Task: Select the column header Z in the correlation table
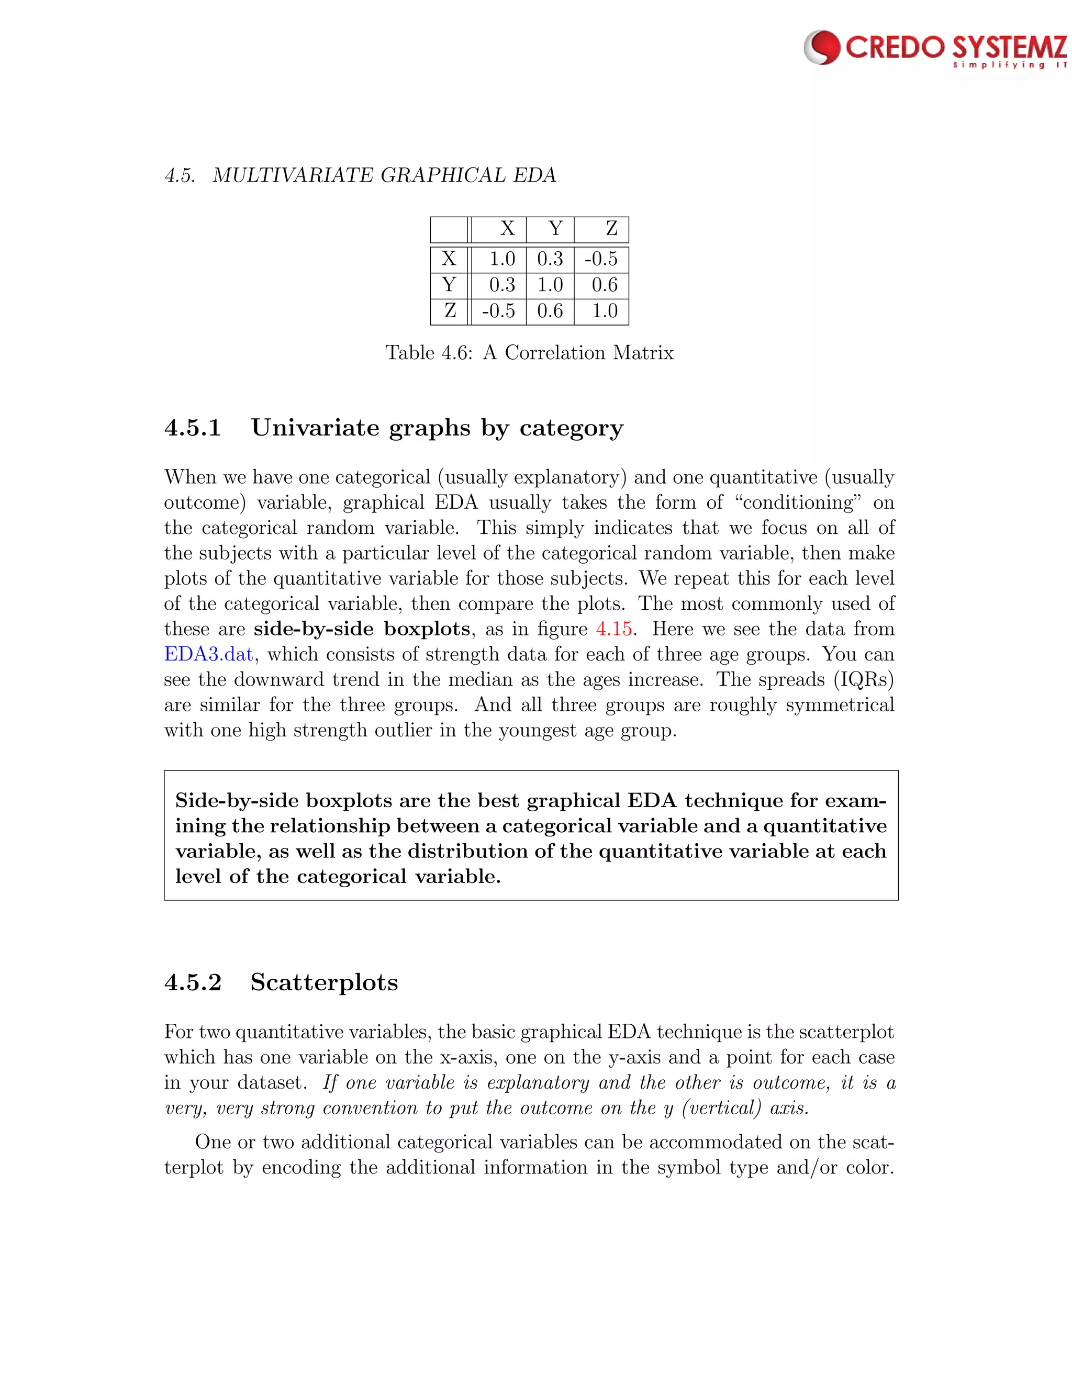click(x=611, y=229)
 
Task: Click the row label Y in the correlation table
click(x=449, y=285)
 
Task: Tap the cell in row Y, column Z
click(x=604, y=285)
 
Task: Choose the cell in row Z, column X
click(x=498, y=310)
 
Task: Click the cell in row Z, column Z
click(x=604, y=310)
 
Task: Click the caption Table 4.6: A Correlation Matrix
click(x=529, y=352)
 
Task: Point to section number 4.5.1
click(x=193, y=428)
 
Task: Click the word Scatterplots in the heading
click(x=324, y=982)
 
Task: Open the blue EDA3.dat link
click(x=208, y=654)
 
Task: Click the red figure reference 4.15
click(x=613, y=629)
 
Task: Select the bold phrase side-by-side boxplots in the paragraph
click(x=361, y=629)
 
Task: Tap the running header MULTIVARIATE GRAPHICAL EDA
click(x=384, y=175)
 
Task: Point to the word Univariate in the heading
click(x=315, y=428)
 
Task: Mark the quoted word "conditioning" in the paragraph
click(x=798, y=502)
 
